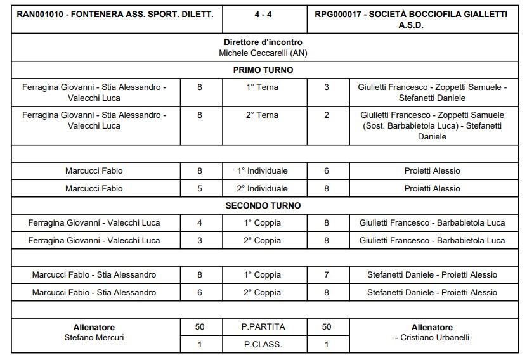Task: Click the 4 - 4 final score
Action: pyautogui.click(x=264, y=13)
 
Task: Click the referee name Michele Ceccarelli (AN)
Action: pyautogui.click(x=263, y=53)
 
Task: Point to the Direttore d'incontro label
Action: pyautogui.click(x=263, y=42)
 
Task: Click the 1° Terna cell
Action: pyautogui.click(x=263, y=87)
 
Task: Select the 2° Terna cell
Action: pyautogui.click(x=263, y=115)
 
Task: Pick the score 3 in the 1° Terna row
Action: pyautogui.click(x=327, y=87)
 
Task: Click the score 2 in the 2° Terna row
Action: pyautogui.click(x=327, y=115)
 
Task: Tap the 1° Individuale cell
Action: pyautogui.click(x=263, y=171)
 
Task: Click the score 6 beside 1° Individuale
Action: pyautogui.click(x=327, y=171)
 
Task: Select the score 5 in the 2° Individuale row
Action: pyautogui.click(x=200, y=188)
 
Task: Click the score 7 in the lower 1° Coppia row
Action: pyautogui.click(x=327, y=275)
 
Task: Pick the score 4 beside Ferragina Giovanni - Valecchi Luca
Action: pyautogui.click(x=200, y=223)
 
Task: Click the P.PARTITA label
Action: pyautogui.click(x=263, y=327)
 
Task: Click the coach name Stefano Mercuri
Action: pyautogui.click(x=94, y=337)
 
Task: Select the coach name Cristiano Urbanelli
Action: pyautogui.click(x=434, y=338)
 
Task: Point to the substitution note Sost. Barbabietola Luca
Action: pyautogui.click(x=407, y=126)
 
